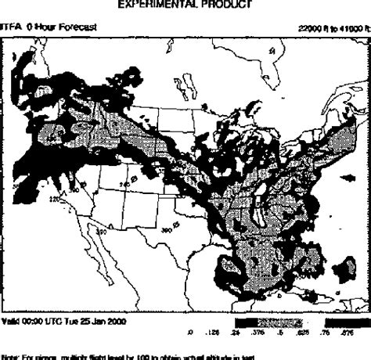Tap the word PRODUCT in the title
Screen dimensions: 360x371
(226, 5)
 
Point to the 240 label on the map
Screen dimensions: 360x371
(123, 183)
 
